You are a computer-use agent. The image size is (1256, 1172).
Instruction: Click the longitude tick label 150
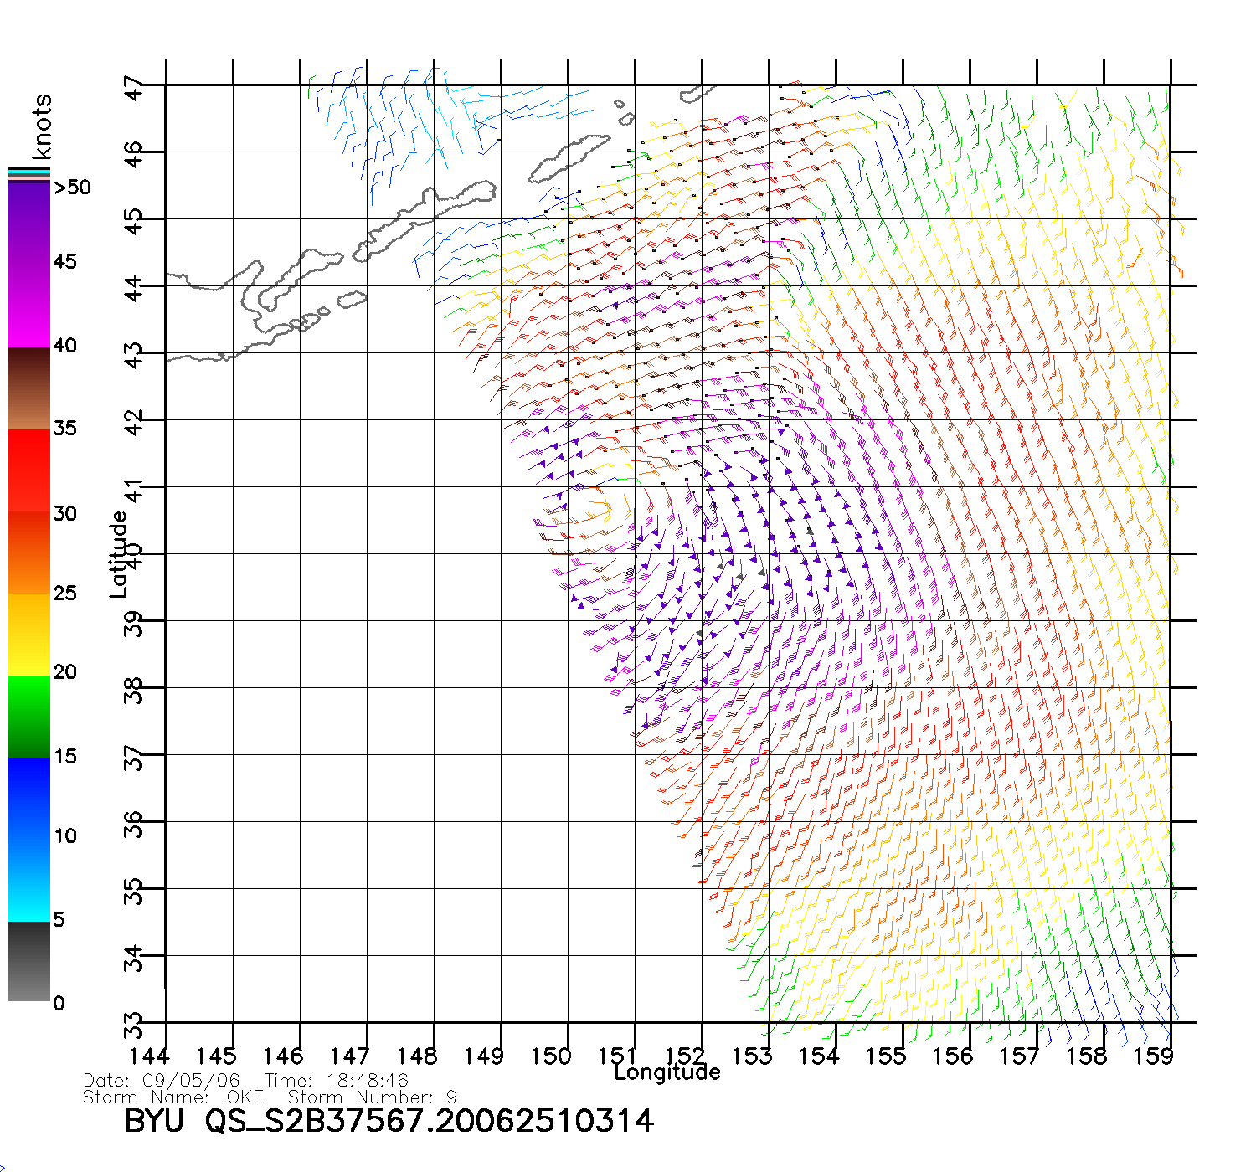[550, 1056]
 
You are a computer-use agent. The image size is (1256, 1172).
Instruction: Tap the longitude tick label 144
[149, 1056]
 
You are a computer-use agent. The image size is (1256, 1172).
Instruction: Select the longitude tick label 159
[1153, 1056]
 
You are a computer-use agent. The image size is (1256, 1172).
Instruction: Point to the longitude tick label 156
[952, 1056]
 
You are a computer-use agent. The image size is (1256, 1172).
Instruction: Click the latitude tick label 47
[134, 87]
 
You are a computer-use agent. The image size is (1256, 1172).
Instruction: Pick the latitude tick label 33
[134, 1024]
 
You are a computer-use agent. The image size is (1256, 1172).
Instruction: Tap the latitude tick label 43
[134, 355]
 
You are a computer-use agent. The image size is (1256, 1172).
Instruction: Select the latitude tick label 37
[134, 757]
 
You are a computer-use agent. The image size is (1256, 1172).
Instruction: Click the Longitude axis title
[667, 1072]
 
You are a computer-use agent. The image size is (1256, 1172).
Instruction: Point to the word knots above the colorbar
[42, 126]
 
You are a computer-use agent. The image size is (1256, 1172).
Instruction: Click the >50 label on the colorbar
[72, 188]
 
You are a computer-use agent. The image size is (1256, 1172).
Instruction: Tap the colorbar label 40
[65, 346]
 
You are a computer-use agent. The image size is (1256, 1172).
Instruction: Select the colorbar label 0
[59, 1003]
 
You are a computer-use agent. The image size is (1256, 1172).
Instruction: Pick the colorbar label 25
[65, 594]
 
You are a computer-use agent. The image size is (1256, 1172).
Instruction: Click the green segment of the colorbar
[29, 716]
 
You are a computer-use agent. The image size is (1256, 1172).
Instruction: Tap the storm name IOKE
[242, 1097]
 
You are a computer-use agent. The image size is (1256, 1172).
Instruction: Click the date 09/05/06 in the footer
[191, 1081]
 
